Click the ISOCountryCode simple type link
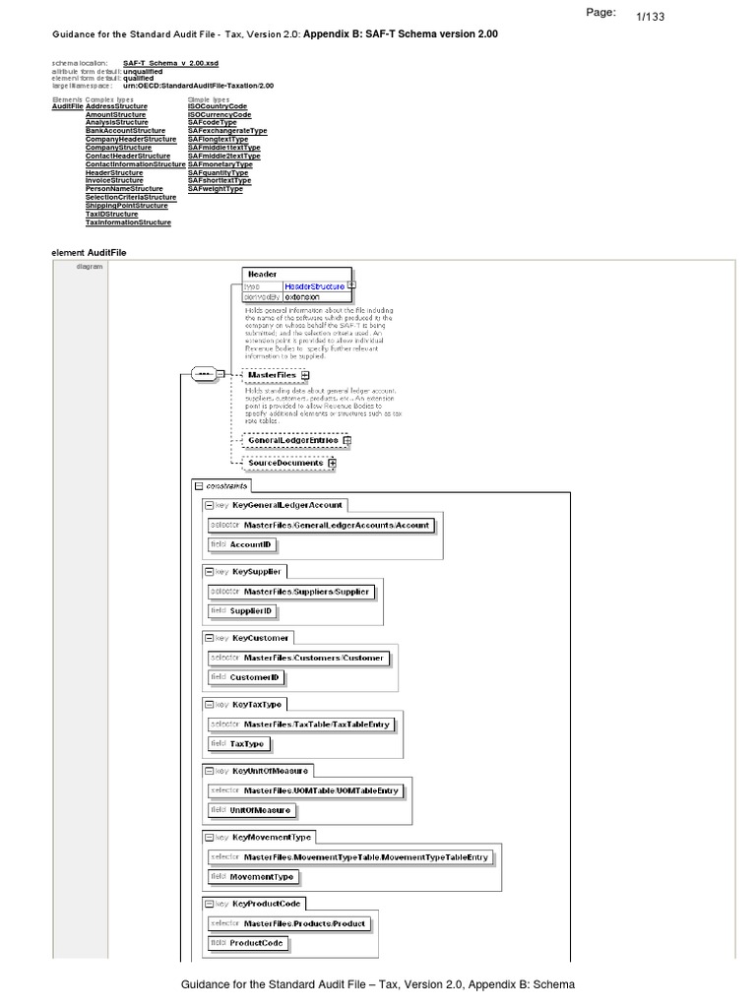(x=219, y=105)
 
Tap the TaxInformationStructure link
(x=128, y=222)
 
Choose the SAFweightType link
(x=215, y=189)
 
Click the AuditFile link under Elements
(x=68, y=105)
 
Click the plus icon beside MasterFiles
(x=305, y=375)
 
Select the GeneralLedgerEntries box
(x=291, y=441)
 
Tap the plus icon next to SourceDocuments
(x=332, y=463)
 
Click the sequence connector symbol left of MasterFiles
(x=206, y=375)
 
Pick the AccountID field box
(x=241, y=543)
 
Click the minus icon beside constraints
(x=198, y=486)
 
